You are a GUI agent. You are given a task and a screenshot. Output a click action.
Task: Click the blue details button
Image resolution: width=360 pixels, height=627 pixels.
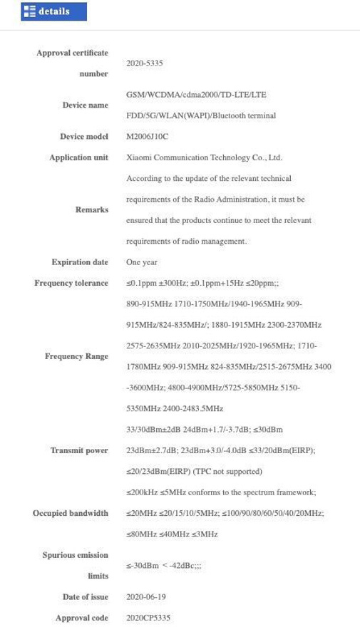pyautogui.click(x=53, y=11)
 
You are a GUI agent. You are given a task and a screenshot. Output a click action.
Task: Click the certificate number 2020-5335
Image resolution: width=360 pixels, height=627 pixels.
pyautogui.click(x=144, y=63)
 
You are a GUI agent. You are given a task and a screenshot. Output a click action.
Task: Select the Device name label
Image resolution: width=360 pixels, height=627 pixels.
pyautogui.click(x=85, y=105)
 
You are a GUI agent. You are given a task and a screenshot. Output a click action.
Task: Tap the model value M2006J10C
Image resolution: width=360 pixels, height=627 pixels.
pyautogui.click(x=148, y=137)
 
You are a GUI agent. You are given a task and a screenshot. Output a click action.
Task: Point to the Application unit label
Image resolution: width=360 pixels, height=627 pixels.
pyautogui.click(x=78, y=157)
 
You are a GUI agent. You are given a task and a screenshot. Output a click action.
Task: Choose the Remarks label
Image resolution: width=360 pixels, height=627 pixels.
pyautogui.click(x=92, y=209)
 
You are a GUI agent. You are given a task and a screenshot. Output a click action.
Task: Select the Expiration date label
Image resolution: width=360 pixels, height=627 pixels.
pyautogui.click(x=80, y=262)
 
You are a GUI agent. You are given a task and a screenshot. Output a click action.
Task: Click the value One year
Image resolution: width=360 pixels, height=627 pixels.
pyautogui.click(x=142, y=262)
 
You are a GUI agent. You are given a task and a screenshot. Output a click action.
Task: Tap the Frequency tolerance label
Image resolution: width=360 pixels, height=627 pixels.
pyautogui.click(x=71, y=283)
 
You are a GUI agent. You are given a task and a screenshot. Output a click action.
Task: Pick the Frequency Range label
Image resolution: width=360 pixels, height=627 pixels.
pyautogui.click(x=76, y=356)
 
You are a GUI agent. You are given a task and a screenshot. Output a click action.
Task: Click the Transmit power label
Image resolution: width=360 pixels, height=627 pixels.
pyautogui.click(x=79, y=450)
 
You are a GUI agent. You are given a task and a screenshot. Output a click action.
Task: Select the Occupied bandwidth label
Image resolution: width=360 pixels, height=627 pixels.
pyautogui.click(x=71, y=513)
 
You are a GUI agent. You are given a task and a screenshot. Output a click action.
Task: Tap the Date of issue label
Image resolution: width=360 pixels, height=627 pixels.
pyautogui.click(x=86, y=597)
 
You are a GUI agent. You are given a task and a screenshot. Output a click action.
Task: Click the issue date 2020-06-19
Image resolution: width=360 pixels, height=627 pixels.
pyautogui.click(x=146, y=597)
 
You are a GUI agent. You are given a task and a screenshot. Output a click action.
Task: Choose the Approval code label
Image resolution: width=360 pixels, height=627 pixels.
pyautogui.click(x=82, y=618)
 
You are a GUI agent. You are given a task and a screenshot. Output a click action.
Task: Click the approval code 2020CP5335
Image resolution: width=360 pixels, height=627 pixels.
pyautogui.click(x=148, y=618)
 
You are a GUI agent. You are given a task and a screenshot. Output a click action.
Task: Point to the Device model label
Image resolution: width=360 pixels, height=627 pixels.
pyautogui.click(x=84, y=137)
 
